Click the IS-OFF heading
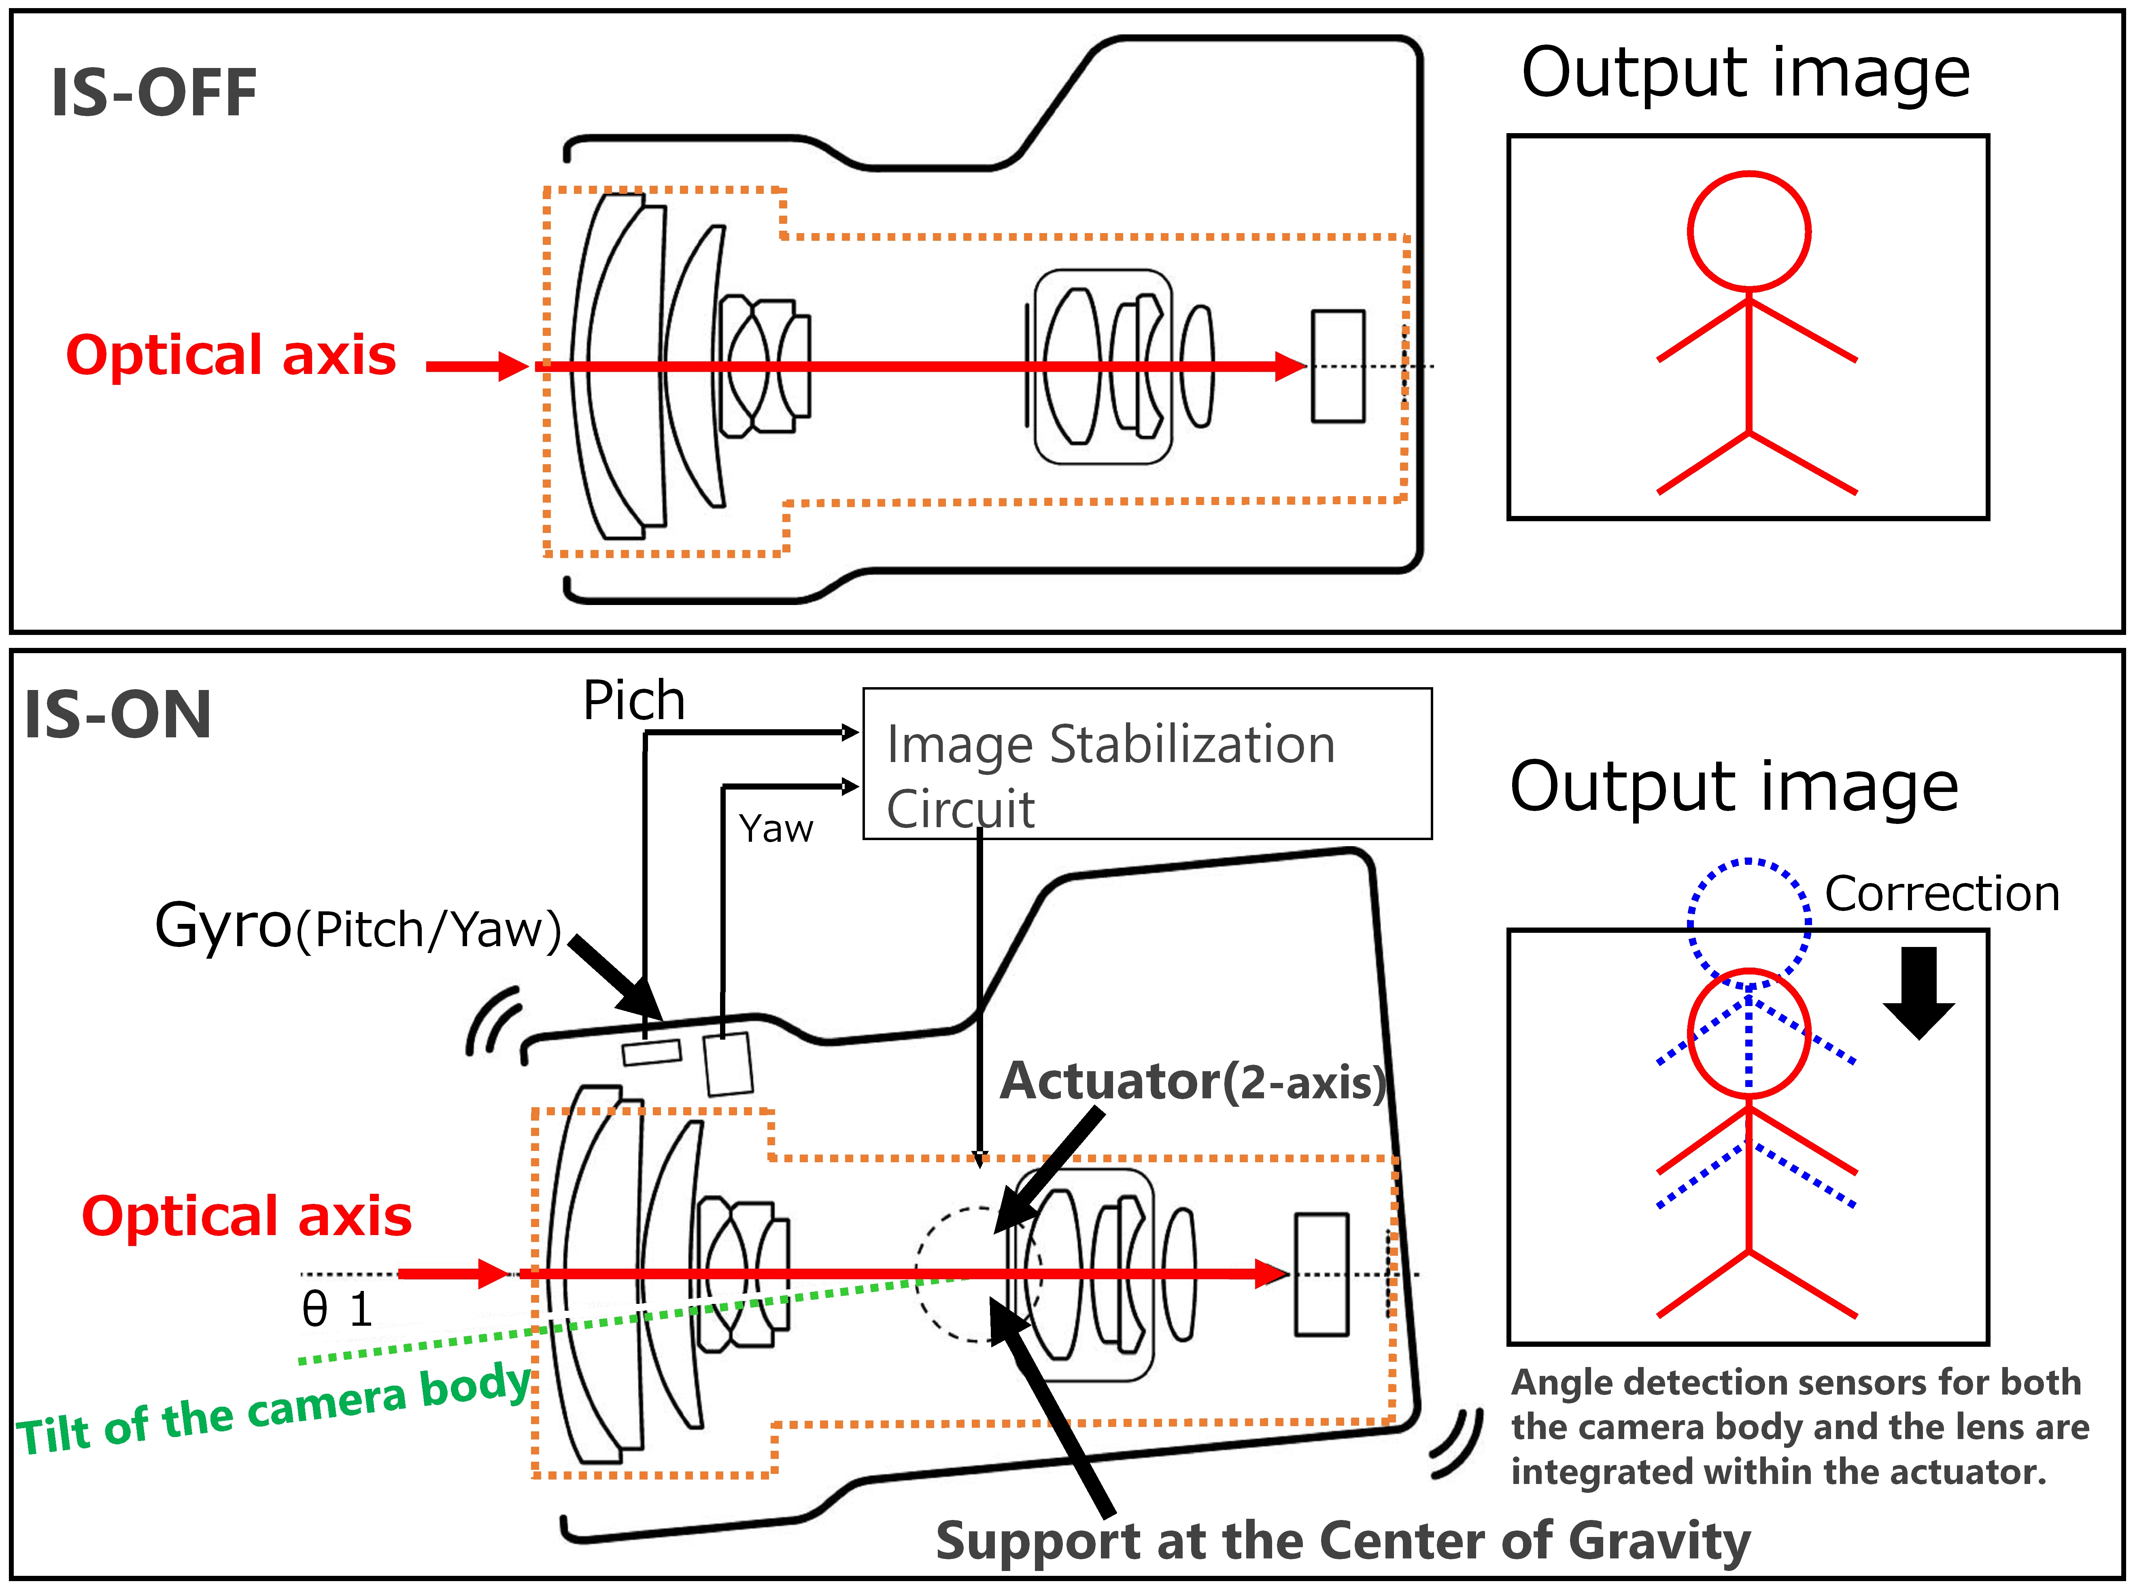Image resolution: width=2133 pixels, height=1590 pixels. pos(154,93)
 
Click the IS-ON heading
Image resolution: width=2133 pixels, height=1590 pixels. pos(117,715)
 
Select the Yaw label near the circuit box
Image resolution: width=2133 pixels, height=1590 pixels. pos(776,829)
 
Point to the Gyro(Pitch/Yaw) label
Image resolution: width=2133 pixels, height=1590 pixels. pos(358,927)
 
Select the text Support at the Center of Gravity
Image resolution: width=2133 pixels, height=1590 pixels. pos(1343,1541)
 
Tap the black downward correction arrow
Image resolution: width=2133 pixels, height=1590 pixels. pos(1919,993)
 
